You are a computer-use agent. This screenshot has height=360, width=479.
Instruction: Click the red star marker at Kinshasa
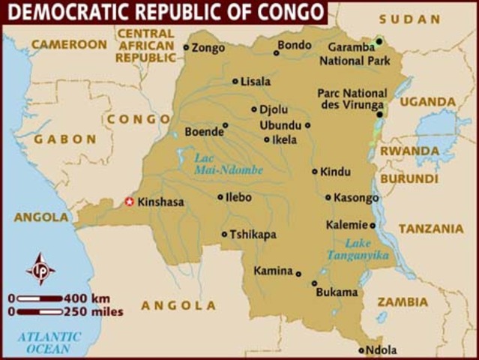point(128,201)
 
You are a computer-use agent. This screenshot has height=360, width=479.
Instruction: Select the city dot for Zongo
point(187,47)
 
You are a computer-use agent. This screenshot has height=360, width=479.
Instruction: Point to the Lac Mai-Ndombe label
point(229,163)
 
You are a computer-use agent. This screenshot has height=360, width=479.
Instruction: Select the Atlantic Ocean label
point(48,343)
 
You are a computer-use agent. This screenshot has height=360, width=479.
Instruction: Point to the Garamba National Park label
point(352,54)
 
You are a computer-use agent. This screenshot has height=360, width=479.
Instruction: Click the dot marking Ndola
point(361,349)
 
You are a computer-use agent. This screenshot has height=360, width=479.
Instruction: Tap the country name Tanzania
point(430,229)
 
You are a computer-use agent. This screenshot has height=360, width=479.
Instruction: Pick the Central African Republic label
point(145,45)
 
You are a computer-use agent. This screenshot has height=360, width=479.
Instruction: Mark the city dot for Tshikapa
point(224,234)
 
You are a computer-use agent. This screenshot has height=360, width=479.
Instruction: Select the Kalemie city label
point(346,224)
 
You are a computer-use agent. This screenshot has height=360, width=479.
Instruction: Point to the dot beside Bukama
point(314,283)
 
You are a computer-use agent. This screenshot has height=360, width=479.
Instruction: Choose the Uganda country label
point(427,101)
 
